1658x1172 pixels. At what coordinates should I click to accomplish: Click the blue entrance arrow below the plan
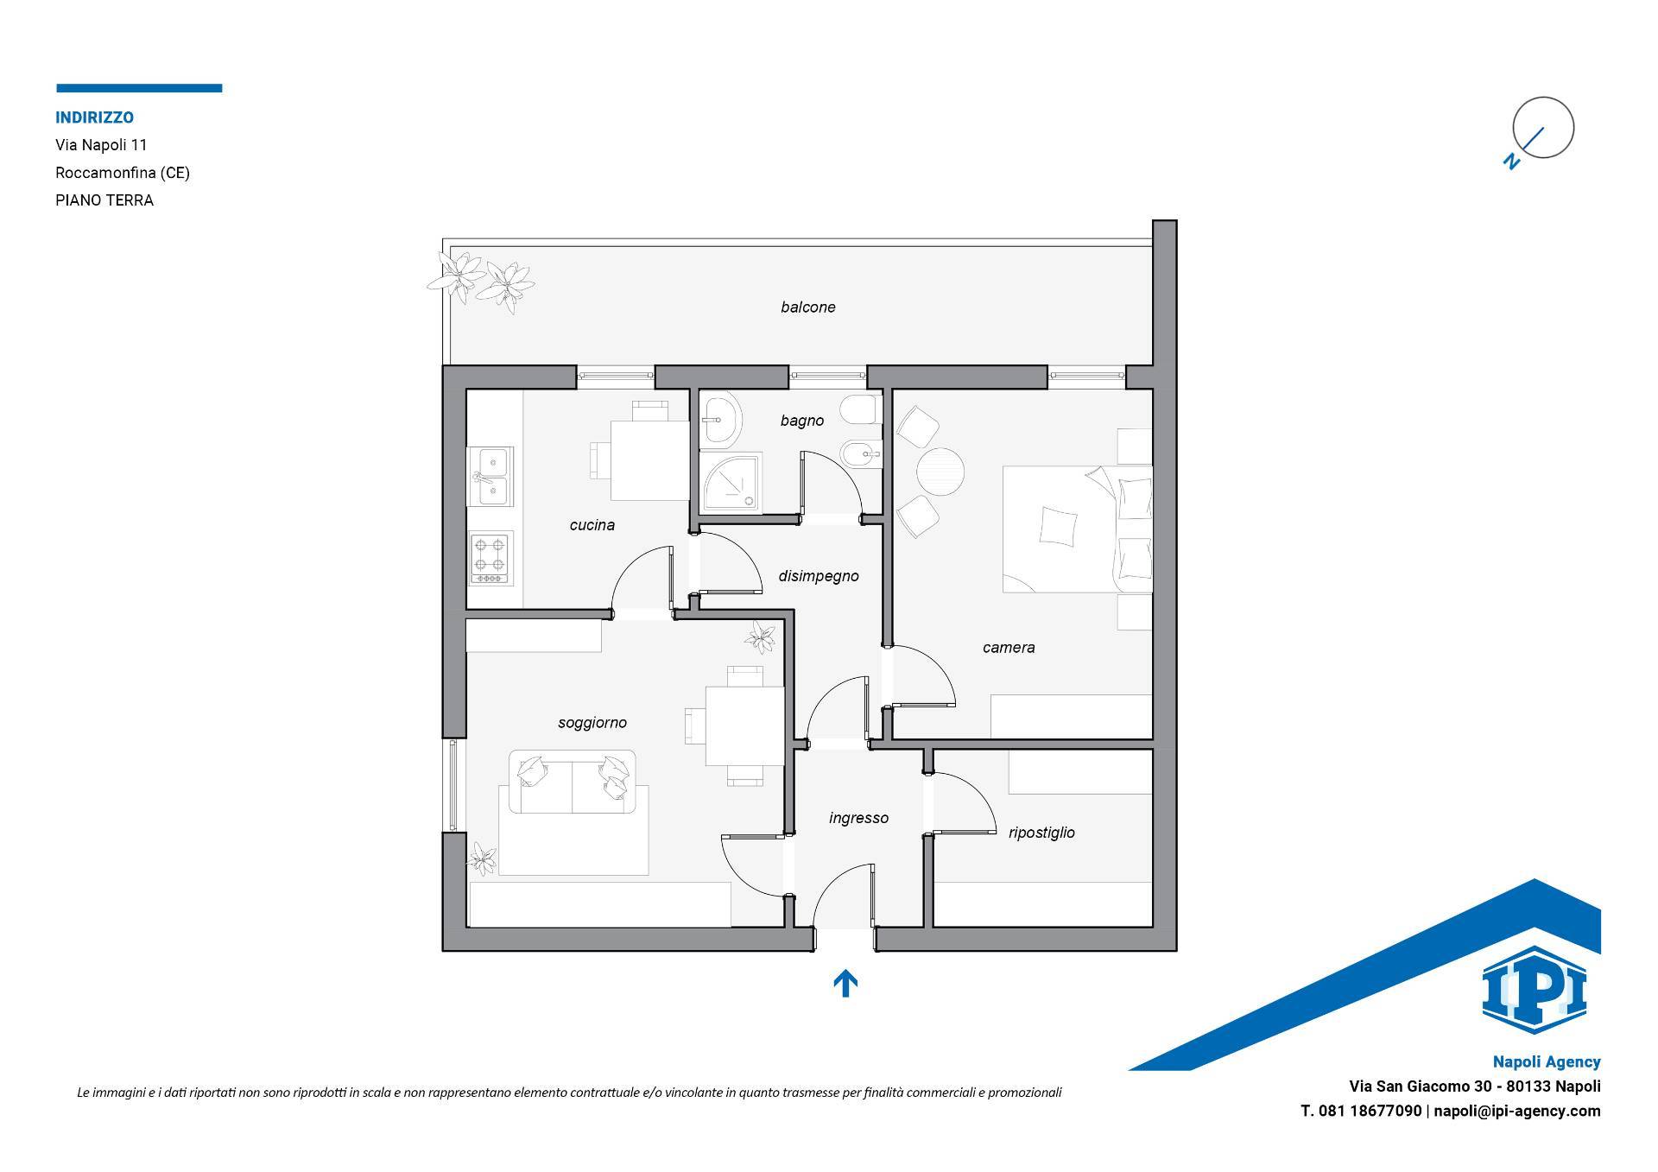tap(845, 983)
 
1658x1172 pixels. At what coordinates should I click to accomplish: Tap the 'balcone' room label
tap(808, 307)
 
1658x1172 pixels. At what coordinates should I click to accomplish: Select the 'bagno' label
tap(802, 421)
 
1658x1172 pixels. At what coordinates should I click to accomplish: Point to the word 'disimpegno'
tap(819, 576)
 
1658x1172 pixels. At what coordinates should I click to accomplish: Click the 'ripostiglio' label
tap(1041, 833)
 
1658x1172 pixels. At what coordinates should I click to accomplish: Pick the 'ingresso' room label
tap(858, 818)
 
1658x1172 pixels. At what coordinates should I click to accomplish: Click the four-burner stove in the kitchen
tap(491, 557)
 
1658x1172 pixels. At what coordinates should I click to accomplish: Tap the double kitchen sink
tap(490, 476)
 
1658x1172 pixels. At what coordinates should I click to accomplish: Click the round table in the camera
tap(940, 471)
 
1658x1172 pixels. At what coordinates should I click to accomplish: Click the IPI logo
tap(1535, 990)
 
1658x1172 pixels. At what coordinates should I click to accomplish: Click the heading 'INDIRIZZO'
tap(95, 117)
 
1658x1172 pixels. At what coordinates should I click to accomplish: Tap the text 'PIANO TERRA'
tap(104, 200)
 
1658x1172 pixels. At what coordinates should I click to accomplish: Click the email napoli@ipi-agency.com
tap(1517, 1111)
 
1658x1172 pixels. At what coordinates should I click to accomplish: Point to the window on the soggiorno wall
tap(454, 785)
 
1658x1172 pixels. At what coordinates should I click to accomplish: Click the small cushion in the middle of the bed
tap(1059, 525)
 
